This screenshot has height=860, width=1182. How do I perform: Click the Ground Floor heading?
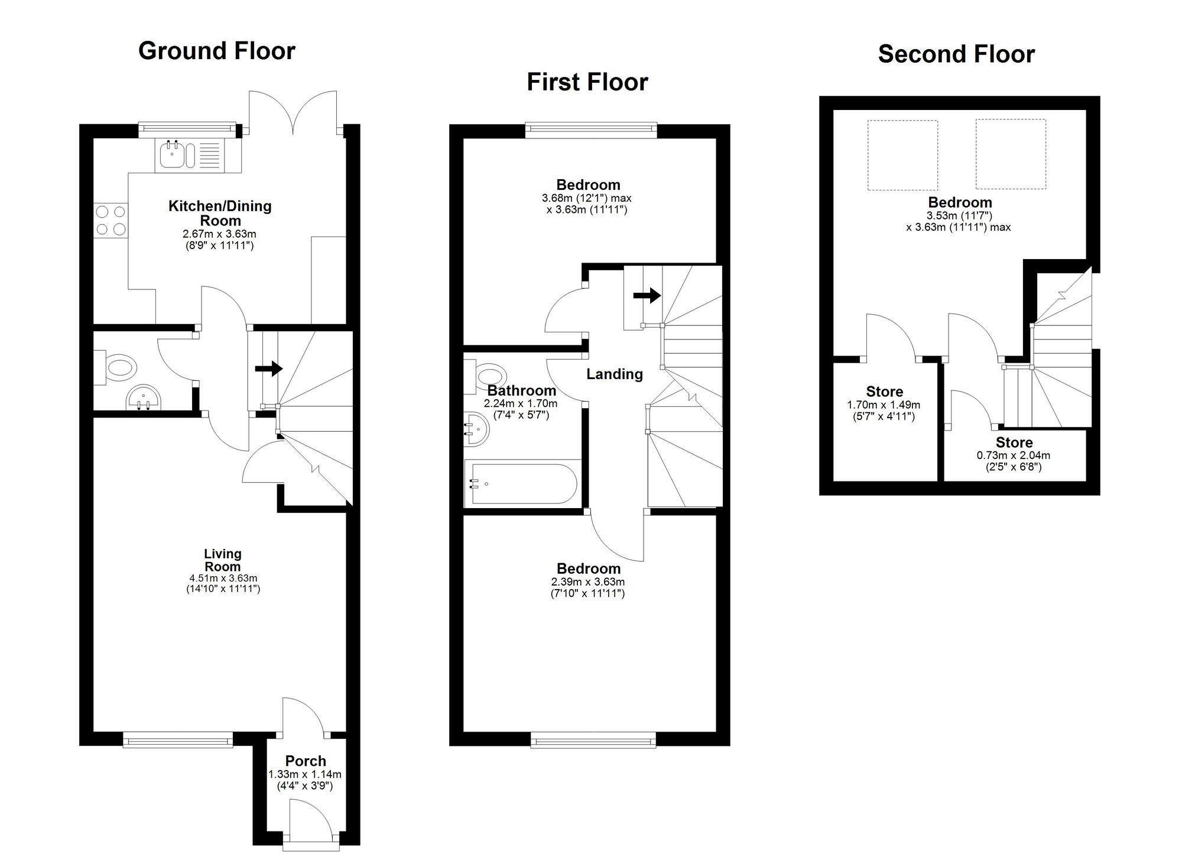(x=216, y=51)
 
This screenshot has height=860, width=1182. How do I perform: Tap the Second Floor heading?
(x=956, y=54)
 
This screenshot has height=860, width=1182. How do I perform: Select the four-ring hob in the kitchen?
(x=111, y=220)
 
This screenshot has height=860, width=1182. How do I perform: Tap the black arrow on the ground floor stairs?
(x=269, y=368)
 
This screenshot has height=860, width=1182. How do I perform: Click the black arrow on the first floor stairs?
(x=647, y=295)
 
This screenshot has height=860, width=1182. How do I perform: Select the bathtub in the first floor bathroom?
(x=521, y=484)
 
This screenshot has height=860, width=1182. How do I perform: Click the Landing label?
(x=614, y=374)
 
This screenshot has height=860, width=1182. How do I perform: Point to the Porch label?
(x=306, y=761)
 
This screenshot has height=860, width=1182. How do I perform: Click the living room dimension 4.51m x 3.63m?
(x=223, y=578)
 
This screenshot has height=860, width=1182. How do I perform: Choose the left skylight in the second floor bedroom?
(x=902, y=155)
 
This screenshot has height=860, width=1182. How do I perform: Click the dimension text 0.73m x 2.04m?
(x=1013, y=455)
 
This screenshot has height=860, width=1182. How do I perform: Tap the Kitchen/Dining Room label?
(x=220, y=213)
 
